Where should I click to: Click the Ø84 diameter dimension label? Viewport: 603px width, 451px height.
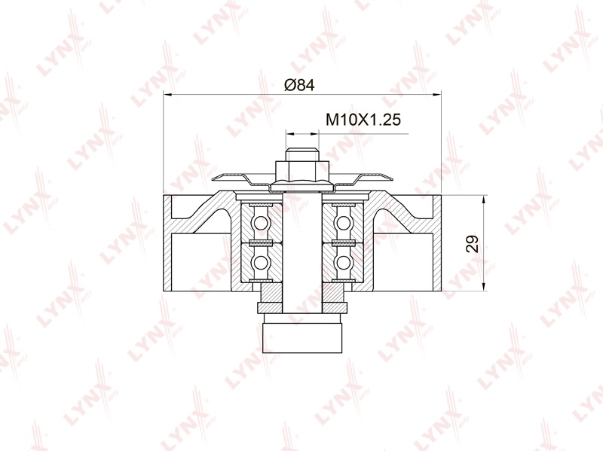coord(299,85)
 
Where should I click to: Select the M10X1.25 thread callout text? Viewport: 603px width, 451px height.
coord(363,120)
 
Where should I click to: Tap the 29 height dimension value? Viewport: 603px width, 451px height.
coord(473,243)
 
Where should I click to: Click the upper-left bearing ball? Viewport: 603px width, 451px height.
coord(261,222)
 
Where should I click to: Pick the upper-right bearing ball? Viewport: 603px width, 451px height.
coord(343,222)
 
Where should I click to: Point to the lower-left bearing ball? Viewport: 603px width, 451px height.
coord(261,262)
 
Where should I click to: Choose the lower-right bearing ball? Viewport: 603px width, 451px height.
coord(343,262)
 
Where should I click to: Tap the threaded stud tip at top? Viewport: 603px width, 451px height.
coord(302,154)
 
